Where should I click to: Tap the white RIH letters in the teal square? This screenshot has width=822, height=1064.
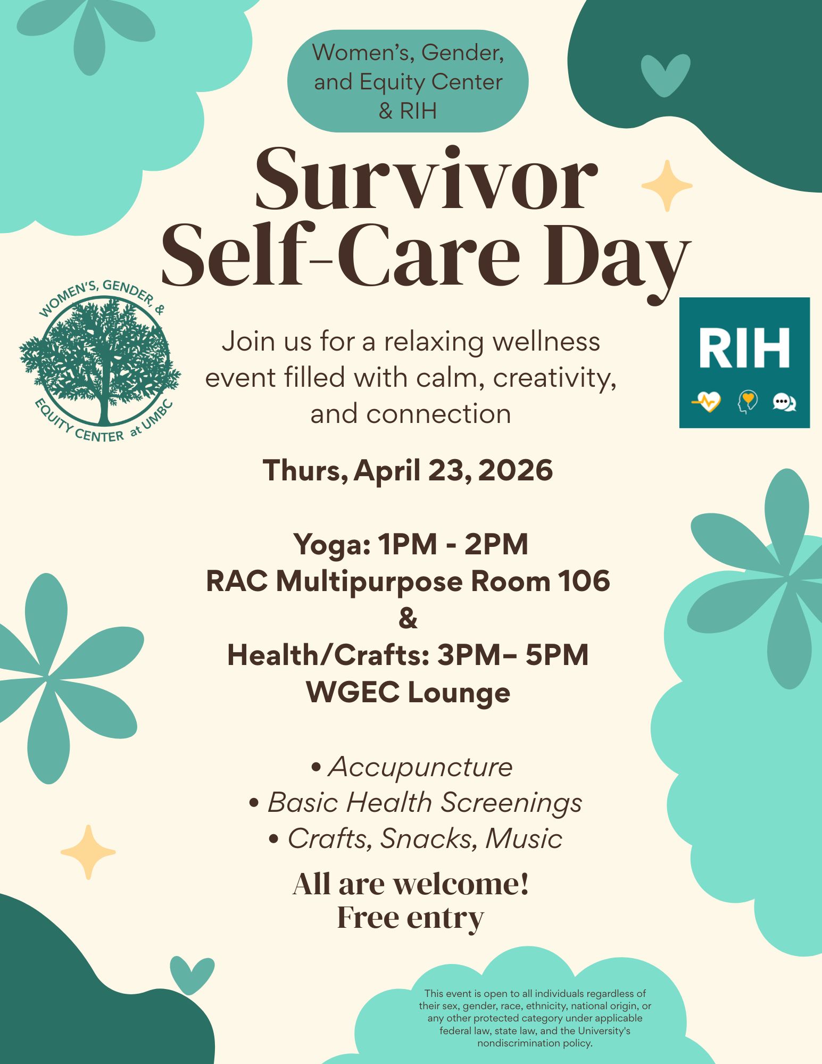click(744, 348)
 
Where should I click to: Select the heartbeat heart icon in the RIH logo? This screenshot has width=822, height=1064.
click(706, 402)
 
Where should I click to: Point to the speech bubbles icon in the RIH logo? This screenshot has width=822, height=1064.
click(784, 402)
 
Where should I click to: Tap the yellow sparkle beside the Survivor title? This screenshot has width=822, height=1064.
click(667, 186)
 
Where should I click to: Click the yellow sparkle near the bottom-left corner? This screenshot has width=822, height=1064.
click(88, 852)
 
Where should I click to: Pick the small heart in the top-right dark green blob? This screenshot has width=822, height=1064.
click(665, 76)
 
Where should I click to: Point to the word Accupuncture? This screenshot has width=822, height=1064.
click(420, 767)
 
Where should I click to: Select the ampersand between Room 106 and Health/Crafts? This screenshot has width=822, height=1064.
click(408, 618)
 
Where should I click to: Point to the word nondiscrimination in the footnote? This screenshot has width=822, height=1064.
click(514, 1043)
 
